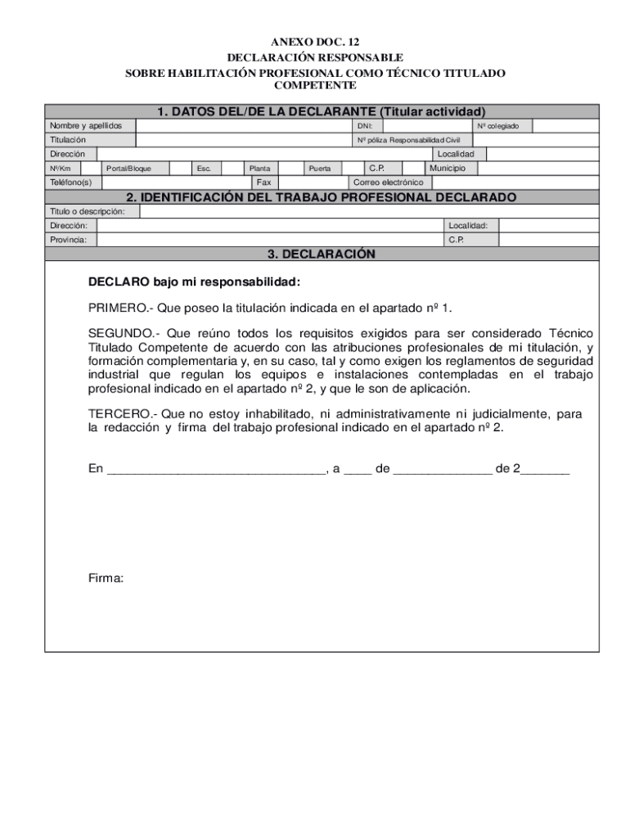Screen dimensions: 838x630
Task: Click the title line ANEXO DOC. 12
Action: point(315,42)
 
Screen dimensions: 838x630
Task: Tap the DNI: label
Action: point(365,126)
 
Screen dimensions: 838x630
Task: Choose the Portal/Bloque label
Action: point(128,169)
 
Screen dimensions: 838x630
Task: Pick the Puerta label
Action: point(319,169)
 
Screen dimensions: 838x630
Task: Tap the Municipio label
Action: point(448,168)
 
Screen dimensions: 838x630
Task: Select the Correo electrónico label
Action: point(388,182)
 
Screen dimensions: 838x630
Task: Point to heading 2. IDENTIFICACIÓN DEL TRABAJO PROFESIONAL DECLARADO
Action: point(321,197)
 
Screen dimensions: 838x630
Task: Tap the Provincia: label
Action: point(69,240)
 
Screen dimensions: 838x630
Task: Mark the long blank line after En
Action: point(216,470)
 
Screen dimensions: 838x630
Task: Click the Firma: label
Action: point(106,579)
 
